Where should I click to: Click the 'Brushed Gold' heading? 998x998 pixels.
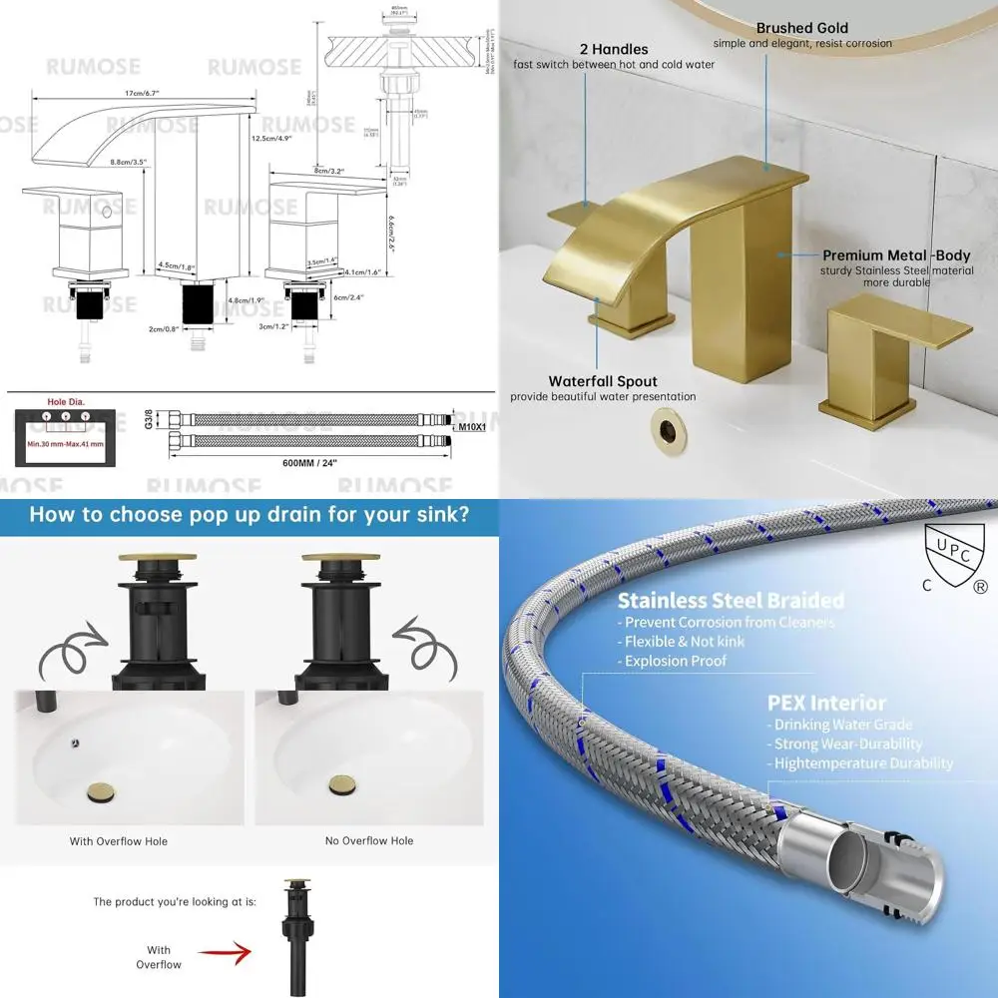pos(801,28)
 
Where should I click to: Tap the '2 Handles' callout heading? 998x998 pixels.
pos(614,49)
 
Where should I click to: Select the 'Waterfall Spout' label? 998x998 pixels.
pos(603,381)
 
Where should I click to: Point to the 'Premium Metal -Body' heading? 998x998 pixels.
pos(896,255)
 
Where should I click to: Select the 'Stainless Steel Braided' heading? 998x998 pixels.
pos(731,601)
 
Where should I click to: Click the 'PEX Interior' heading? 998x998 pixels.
pos(826,704)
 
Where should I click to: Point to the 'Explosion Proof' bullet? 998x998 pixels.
pos(676,661)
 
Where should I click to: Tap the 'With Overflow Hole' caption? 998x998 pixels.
pos(118,841)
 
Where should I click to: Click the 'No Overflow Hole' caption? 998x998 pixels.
pos(368,840)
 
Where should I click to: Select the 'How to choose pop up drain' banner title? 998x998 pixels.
pos(249,515)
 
